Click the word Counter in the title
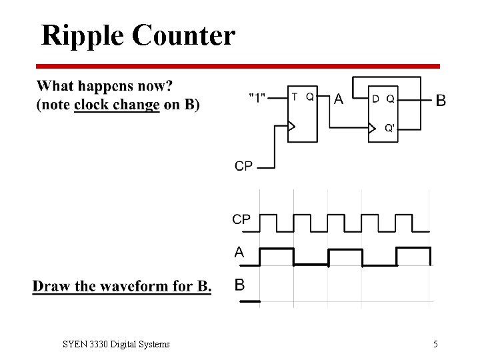pos(184,35)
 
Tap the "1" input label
pos(257,97)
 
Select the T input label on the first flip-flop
pos(295,97)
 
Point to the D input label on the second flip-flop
pos(376,99)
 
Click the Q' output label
pos(390,129)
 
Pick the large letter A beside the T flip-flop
pos(339,100)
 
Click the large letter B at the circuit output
pos(440,101)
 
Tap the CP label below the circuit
pos(244,166)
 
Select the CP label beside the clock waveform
pos(241,219)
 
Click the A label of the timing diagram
pos(239,252)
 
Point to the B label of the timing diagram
pos(239,285)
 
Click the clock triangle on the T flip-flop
pos(291,125)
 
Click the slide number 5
pos(435,344)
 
